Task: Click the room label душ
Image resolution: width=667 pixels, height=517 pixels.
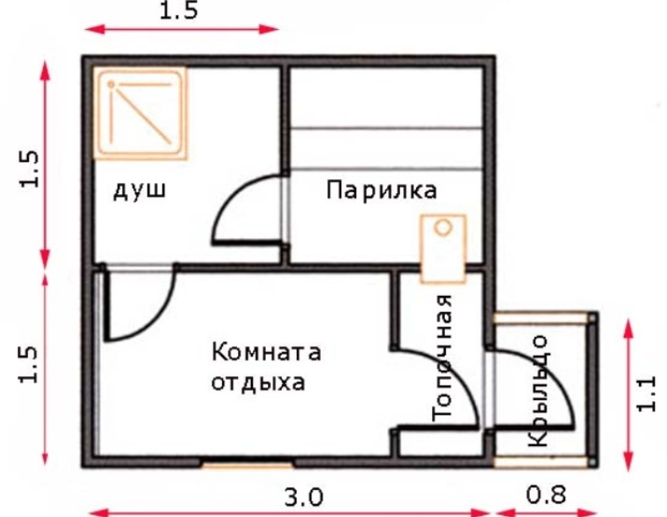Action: pos(140,191)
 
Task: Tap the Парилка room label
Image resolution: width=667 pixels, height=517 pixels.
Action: pos(382,189)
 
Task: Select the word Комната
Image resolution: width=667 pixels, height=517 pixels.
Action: pos(266,353)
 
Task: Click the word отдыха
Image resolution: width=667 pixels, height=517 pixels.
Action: pos(258,382)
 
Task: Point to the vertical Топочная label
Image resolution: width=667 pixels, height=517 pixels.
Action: pos(441,357)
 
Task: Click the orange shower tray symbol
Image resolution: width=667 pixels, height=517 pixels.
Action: pos(140,114)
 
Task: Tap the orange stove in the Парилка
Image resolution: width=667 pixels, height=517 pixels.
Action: pos(443,249)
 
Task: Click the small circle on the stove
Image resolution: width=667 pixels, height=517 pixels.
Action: pos(443,228)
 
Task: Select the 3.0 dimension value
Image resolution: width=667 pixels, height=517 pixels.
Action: pos(303,497)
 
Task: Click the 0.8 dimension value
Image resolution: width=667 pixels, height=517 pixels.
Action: pos(546,495)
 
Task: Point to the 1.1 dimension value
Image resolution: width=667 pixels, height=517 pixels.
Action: pos(646,394)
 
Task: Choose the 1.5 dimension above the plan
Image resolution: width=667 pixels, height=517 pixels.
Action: pos(179,10)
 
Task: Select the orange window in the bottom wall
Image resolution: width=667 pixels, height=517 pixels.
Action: pos(247,465)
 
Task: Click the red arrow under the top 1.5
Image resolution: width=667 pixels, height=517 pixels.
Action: pos(182,29)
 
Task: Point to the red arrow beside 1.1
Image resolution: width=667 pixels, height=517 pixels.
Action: pos(629,395)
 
